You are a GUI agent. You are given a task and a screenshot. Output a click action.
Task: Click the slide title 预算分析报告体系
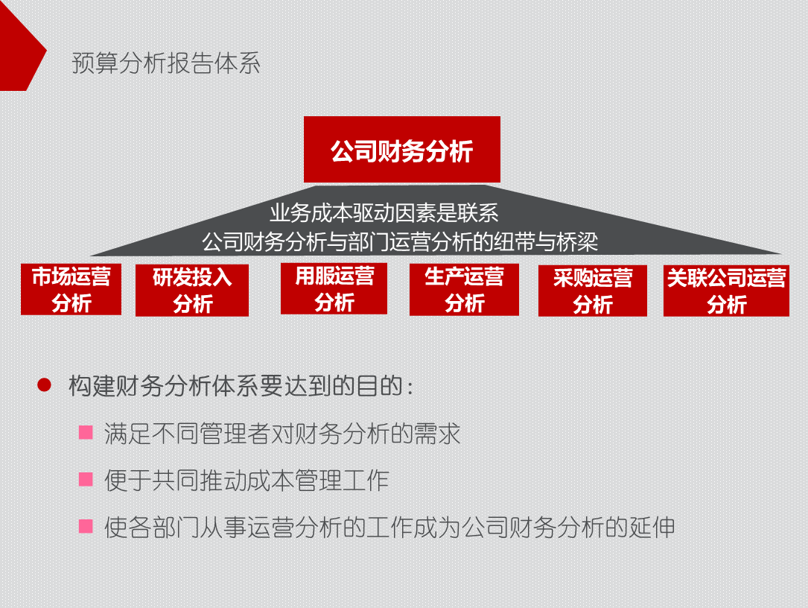(166, 63)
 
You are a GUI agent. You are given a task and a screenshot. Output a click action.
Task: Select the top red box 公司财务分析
(401, 150)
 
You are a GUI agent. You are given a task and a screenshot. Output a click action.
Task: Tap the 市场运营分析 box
(71, 289)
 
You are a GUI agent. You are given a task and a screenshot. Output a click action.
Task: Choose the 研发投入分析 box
(192, 290)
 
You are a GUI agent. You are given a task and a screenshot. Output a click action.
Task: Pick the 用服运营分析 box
(334, 288)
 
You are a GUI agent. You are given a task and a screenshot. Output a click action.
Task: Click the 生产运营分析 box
(464, 289)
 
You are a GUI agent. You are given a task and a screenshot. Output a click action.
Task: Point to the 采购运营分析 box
(592, 291)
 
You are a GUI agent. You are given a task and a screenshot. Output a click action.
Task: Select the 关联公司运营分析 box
(726, 291)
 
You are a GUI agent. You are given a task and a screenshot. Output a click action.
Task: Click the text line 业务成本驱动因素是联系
(384, 214)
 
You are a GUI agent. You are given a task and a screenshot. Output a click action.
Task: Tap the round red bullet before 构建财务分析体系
(44, 385)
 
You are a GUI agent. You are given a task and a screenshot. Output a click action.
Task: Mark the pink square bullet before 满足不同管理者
(86, 432)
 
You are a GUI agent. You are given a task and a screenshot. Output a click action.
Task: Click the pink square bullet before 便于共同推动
(86, 479)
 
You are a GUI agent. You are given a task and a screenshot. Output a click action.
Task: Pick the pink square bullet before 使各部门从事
(86, 526)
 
